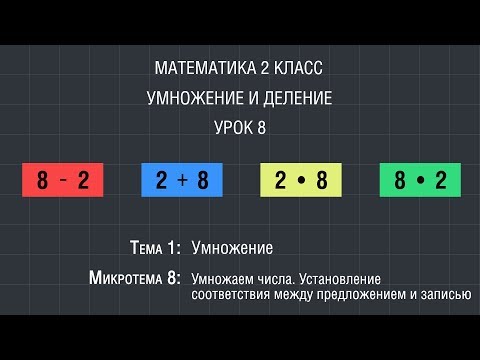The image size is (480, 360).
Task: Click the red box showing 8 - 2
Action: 62,181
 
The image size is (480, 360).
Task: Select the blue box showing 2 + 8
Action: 182,181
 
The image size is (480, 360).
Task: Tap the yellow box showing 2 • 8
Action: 301,181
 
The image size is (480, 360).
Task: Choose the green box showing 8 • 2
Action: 420,181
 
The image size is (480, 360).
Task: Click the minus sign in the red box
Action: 62,181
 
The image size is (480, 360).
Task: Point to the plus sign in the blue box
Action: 182,181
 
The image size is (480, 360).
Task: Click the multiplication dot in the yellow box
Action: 301,182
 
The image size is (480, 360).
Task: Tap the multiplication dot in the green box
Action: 420,182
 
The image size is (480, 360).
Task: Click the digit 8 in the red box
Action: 43,181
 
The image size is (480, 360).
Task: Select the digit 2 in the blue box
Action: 162,181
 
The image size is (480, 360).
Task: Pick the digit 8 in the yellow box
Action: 321,181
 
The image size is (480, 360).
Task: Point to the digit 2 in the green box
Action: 440,181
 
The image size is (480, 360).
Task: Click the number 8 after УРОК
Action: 264,128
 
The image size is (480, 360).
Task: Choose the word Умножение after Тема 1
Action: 232,247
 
